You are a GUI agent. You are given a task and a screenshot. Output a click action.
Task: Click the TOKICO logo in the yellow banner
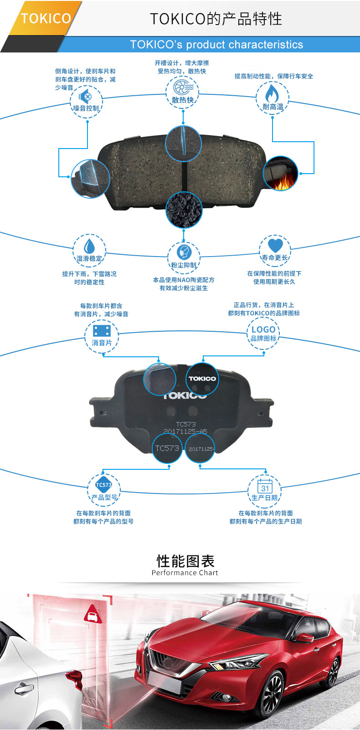46,19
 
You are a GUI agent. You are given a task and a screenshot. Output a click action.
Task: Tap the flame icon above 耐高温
272,93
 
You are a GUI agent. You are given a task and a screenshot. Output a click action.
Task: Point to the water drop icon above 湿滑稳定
89,246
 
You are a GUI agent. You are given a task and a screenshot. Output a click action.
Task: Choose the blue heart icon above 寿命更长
275,245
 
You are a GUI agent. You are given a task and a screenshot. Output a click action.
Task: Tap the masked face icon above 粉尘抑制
183,252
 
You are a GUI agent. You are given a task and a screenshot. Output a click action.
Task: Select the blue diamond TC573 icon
103,485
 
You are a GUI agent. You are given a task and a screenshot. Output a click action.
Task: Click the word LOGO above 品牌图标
263,329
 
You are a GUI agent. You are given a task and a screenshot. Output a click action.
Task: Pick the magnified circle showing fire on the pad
280,174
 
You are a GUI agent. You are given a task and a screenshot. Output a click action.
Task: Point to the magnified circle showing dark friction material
184,210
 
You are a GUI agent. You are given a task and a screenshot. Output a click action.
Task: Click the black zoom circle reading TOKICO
202,379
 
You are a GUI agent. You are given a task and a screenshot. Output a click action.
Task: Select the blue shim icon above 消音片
102,330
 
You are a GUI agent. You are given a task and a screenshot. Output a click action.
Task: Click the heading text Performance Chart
185,573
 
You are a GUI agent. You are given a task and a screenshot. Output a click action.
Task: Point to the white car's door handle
24,689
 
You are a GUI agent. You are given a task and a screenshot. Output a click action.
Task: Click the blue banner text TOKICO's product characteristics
216,45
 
